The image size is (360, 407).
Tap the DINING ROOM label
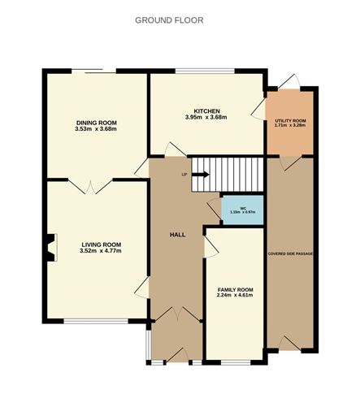click(x=96, y=122)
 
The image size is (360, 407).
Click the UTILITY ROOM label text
click(x=290, y=121)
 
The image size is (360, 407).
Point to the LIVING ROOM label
click(x=101, y=245)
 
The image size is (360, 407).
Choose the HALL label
click(x=176, y=234)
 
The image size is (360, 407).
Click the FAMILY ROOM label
click(x=234, y=289)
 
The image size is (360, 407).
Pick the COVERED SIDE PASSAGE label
click(x=290, y=253)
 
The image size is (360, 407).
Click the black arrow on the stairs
click(x=201, y=173)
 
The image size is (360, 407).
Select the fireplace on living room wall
click(x=51, y=248)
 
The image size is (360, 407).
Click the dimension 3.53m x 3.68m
click(x=96, y=128)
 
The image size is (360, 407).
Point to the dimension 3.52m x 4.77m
click(x=101, y=251)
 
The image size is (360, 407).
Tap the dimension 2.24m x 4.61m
click(x=234, y=296)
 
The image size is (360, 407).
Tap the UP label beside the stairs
click(x=184, y=174)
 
